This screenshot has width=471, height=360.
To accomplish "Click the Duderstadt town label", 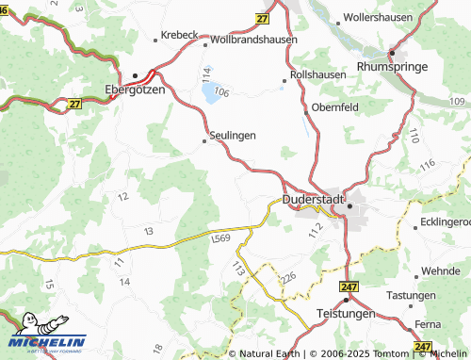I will click(x=314, y=200).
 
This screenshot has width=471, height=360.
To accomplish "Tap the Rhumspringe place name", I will click(x=393, y=67).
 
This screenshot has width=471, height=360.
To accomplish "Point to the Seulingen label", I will click(x=232, y=136).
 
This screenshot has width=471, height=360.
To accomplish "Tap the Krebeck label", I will click(x=179, y=34).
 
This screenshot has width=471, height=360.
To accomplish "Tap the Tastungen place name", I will click(x=412, y=295).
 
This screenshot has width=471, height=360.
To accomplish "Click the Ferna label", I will click(x=427, y=323).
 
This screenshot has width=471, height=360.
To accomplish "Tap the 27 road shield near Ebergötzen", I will click(x=74, y=104).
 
